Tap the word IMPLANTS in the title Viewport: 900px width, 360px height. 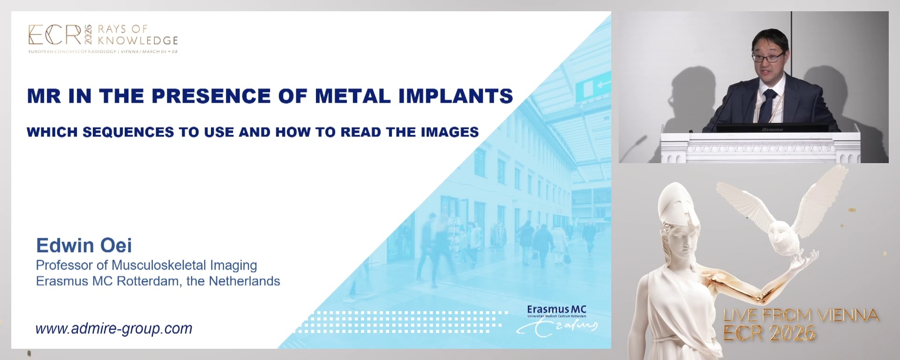pos(456,96)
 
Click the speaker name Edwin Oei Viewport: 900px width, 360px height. pos(84,245)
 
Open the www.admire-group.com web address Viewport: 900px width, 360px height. pos(114,329)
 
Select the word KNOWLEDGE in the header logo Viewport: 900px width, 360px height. pos(138,41)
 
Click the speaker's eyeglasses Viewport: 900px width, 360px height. pos(767,57)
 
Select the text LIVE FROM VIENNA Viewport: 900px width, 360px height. pos(801,315)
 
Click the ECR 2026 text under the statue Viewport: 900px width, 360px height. pos(769,333)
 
